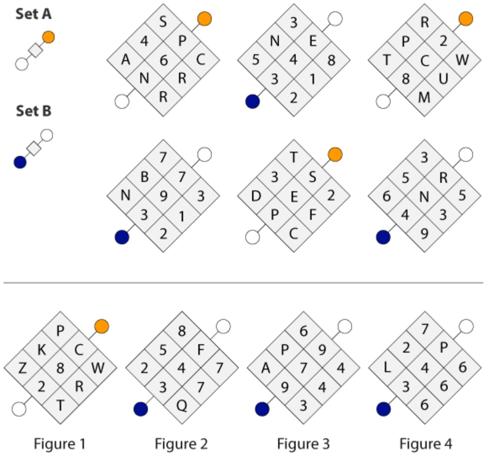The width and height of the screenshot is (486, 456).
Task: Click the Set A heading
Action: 34,14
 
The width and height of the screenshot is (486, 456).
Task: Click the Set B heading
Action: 34,111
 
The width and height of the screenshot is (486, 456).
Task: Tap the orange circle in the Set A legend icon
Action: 48,37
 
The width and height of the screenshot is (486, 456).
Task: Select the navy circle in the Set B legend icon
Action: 20,162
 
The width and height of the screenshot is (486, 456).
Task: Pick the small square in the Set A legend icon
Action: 35,50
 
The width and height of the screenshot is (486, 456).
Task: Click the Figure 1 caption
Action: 59,444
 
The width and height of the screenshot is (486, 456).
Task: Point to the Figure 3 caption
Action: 303,444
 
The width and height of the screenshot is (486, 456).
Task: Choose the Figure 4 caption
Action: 425,444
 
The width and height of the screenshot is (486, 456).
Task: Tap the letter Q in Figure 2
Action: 182,406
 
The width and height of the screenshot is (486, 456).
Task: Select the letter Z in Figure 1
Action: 23,368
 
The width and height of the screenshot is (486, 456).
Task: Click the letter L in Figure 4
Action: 387,368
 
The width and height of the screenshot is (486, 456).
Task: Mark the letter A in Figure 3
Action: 266,368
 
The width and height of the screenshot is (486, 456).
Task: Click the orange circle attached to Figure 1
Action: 102,327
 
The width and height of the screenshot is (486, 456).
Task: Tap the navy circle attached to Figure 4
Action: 383,409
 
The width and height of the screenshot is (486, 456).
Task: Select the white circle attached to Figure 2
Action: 223,327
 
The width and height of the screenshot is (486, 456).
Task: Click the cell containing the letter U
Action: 443,79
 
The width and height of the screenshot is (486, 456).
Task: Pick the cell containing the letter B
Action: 145,177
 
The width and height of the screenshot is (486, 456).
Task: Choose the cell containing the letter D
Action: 256,196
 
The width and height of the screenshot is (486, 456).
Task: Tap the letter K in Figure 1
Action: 42,350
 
